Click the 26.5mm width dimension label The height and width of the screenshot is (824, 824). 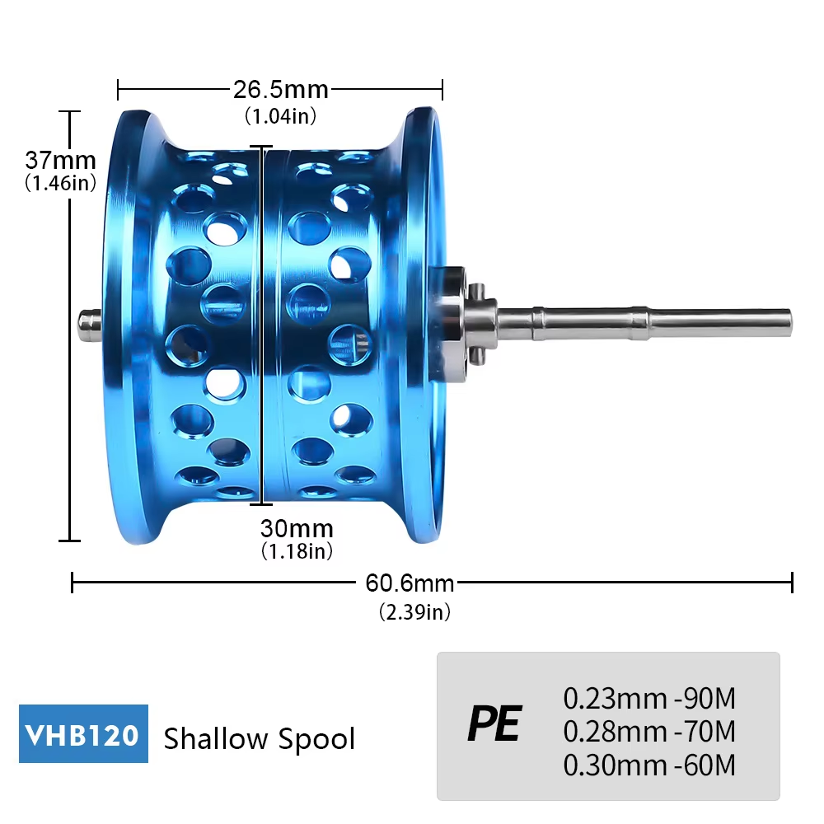tap(280, 89)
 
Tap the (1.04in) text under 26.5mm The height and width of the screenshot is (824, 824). tap(280, 116)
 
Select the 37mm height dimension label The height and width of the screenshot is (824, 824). tap(60, 159)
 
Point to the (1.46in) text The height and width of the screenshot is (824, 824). tap(60, 184)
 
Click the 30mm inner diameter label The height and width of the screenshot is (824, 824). tap(297, 528)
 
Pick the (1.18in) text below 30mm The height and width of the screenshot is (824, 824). tap(297, 551)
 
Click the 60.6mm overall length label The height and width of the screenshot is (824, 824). tap(410, 583)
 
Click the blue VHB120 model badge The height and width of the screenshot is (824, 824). tap(83, 733)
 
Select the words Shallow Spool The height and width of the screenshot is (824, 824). tap(260, 738)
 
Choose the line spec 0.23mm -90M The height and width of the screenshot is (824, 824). tap(649, 699)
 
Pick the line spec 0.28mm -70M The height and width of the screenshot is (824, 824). tap(649, 732)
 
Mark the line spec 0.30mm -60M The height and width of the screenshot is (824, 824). tap(649, 765)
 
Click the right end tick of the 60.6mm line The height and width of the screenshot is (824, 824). tap(792, 583)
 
